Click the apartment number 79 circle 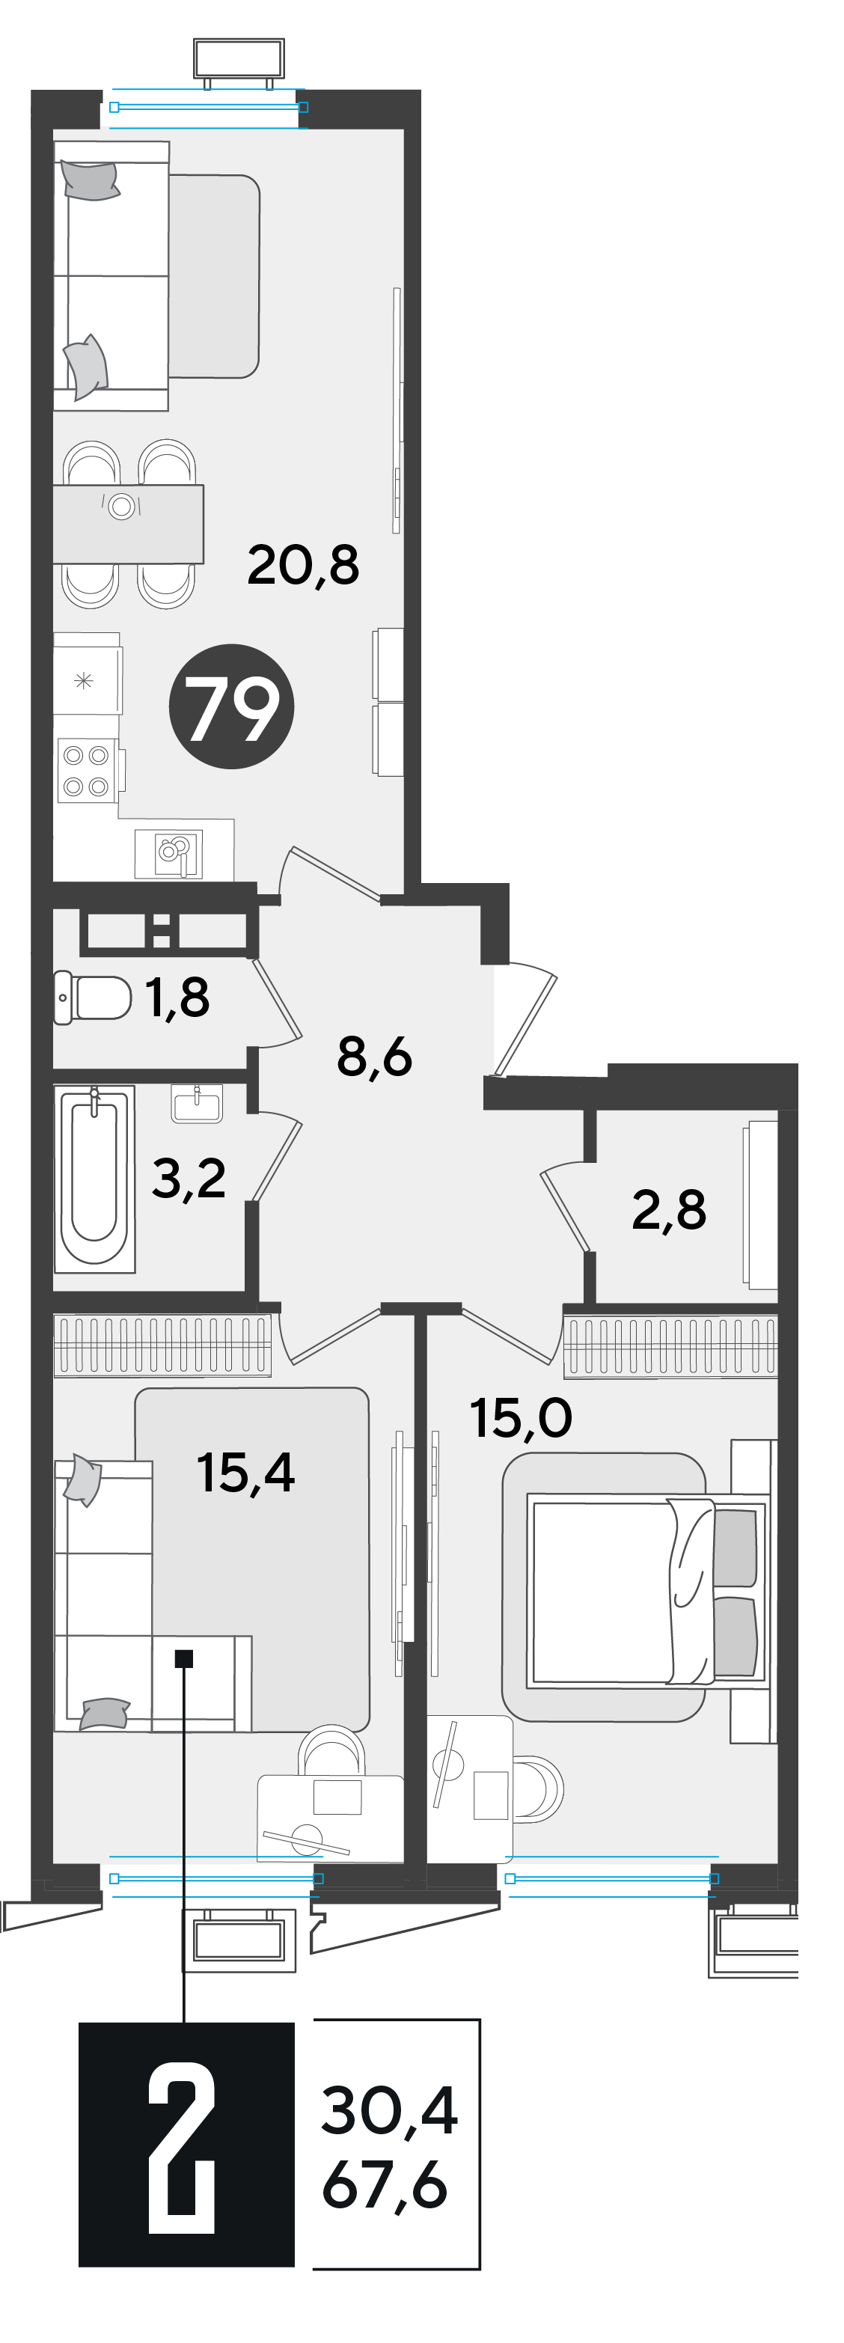231,706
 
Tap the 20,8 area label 303,565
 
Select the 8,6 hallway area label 374,1057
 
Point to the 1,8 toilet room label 177,997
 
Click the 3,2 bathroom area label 189,1179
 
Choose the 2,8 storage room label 668,1210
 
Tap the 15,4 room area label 245,1473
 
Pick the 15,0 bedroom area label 520,1418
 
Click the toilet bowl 93,998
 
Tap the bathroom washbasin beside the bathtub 197,1103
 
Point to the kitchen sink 170,853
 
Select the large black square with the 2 186,2144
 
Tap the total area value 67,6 385,2185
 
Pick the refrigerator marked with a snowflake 88,679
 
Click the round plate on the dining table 122,506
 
